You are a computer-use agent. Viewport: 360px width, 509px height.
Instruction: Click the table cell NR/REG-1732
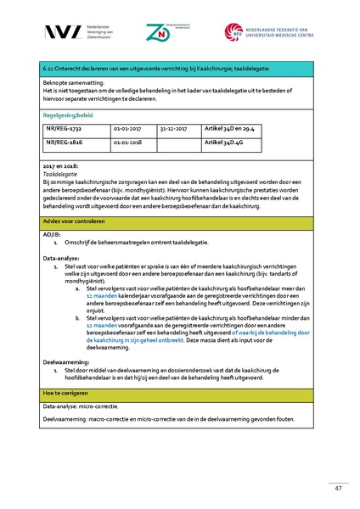65,129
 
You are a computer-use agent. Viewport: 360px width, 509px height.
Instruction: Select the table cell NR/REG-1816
65,143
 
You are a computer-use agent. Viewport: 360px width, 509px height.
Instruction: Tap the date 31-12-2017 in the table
173,129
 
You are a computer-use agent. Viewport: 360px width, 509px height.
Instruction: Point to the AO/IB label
52,233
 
